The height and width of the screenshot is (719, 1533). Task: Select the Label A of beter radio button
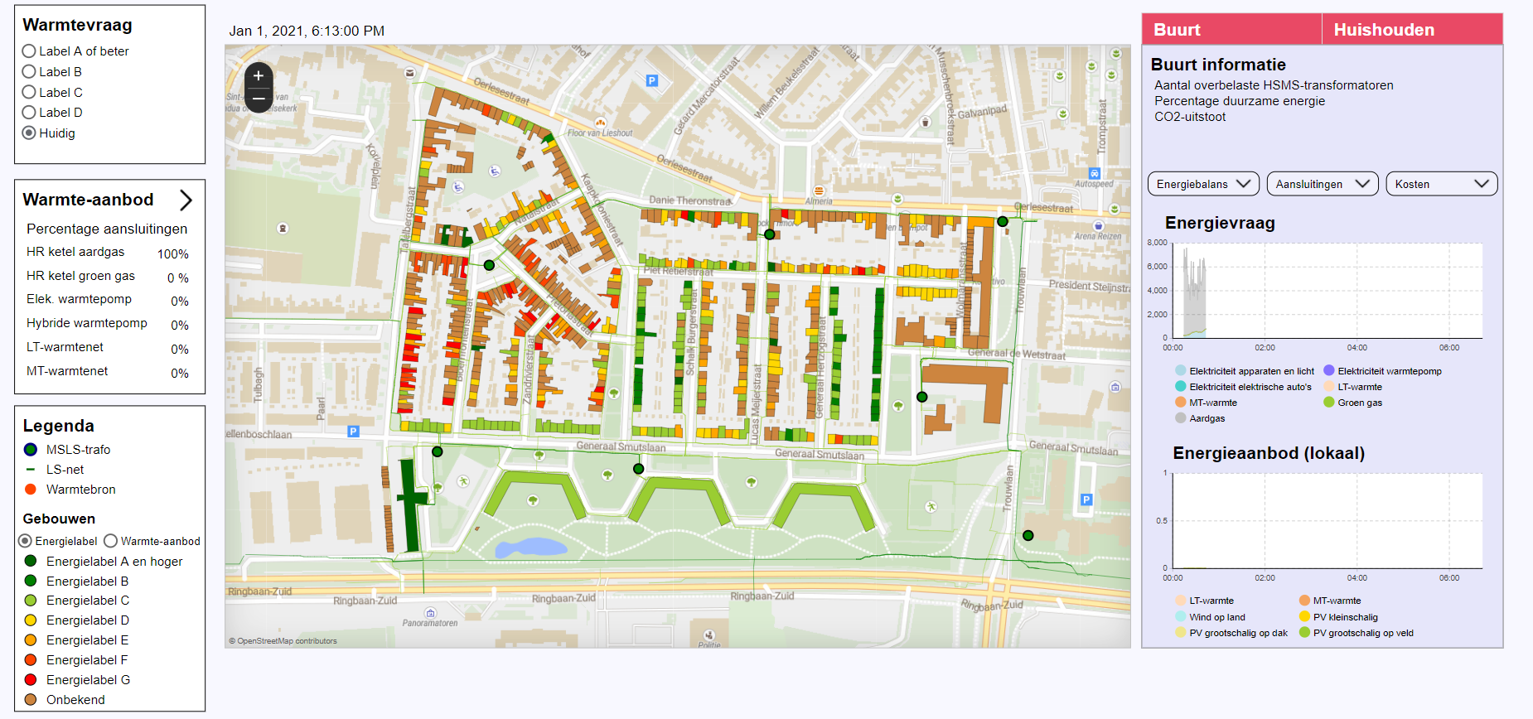(x=29, y=51)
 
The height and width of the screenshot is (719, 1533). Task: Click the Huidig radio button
(x=29, y=133)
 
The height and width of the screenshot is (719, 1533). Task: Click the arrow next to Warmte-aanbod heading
(x=186, y=200)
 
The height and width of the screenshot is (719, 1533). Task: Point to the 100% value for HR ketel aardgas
(x=173, y=254)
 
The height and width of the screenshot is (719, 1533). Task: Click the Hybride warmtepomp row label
(x=87, y=323)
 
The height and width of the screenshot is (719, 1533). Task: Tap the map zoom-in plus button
(x=259, y=76)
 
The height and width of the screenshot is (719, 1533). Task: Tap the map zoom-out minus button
(x=259, y=99)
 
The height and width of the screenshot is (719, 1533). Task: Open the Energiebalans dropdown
(x=1203, y=184)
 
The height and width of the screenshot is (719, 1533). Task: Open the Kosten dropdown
(x=1441, y=184)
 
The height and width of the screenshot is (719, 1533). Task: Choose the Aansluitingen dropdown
(x=1322, y=184)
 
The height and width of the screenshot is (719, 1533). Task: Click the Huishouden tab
(x=1384, y=30)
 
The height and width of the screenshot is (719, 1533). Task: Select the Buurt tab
(x=1178, y=30)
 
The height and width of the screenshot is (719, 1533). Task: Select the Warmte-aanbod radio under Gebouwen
(x=111, y=541)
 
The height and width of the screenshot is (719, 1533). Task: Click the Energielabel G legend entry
(x=88, y=680)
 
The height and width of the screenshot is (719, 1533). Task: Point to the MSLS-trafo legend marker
(x=31, y=450)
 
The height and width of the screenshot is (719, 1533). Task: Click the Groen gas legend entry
(x=1359, y=403)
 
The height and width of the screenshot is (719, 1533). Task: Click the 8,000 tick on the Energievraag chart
(x=1157, y=243)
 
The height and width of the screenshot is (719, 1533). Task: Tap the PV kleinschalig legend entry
(x=1345, y=617)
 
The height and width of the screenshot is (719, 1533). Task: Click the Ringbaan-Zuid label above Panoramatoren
(x=365, y=601)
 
